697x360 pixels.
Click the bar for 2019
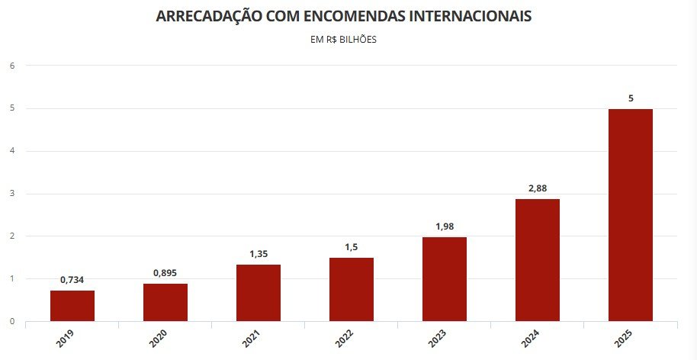click(72, 305)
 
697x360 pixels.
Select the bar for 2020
click(165, 302)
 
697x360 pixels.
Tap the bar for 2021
click(259, 292)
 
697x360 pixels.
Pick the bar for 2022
click(352, 289)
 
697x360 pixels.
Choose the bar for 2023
click(445, 278)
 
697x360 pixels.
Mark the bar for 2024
click(538, 259)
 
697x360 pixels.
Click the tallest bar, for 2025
click(631, 214)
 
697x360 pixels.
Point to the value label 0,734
click(72, 280)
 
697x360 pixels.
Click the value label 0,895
click(165, 273)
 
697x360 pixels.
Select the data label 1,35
click(259, 254)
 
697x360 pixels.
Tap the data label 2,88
click(538, 188)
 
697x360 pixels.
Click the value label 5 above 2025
click(631, 98)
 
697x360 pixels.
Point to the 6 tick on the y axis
click(12, 66)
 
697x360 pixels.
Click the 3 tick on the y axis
click(12, 194)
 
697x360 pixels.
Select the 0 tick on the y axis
click(12, 321)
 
